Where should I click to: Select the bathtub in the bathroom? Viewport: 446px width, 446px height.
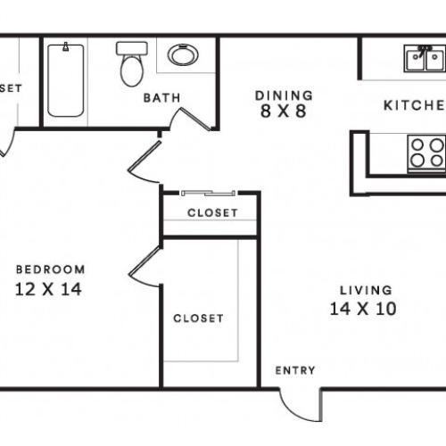[66, 79]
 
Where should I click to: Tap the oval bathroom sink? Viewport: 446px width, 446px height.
[184, 56]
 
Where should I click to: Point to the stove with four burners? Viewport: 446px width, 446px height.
[425, 153]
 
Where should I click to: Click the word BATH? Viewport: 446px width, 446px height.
[162, 97]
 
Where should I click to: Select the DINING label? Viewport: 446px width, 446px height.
[284, 95]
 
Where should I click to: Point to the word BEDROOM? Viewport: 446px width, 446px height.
[52, 269]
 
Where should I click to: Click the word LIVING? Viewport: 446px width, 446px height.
[366, 290]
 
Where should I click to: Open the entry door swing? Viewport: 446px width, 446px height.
[298, 403]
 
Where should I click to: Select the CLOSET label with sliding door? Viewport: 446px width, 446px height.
[212, 213]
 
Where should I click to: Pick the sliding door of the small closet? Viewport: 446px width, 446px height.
[208, 193]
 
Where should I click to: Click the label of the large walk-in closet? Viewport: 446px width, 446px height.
[198, 318]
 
